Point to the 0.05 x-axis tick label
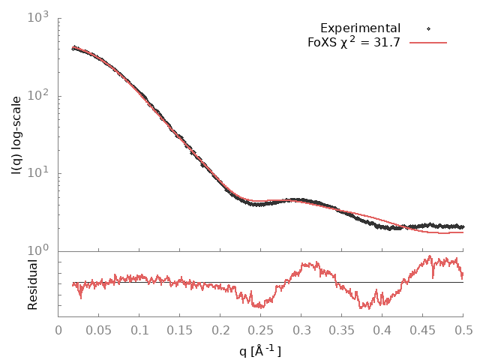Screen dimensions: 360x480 99,329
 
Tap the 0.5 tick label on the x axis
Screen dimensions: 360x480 463,329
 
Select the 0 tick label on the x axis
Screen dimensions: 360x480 58,329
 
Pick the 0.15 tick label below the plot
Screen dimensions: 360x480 180,329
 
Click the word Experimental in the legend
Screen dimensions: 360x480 360,28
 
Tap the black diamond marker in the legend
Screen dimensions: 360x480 428,28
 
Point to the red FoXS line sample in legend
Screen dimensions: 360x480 428,43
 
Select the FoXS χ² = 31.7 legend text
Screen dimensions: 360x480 354,43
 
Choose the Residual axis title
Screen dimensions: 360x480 32,285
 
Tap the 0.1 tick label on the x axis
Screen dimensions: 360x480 139,329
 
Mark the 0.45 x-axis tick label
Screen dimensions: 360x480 423,329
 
